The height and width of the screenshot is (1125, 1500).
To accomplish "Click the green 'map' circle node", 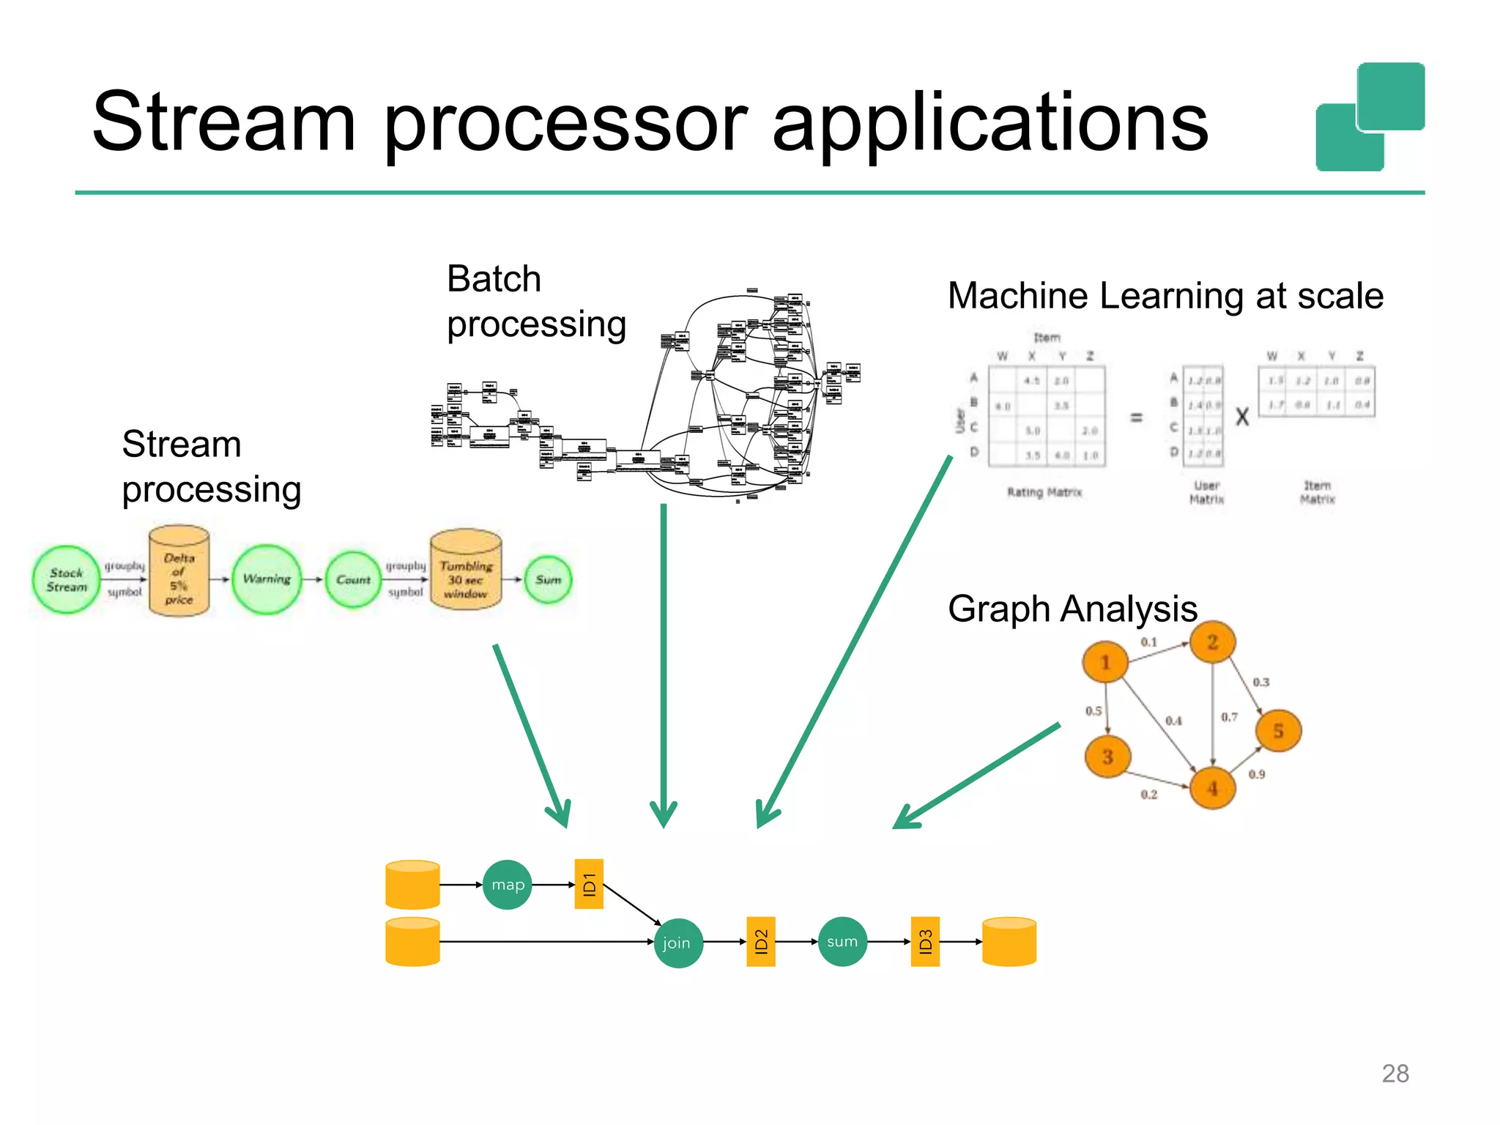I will click(x=508, y=885).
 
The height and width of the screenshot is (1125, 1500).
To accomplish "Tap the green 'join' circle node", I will click(x=677, y=943).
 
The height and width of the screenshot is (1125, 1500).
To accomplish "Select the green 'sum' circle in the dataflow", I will click(x=842, y=942).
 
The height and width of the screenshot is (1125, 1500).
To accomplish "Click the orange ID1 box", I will click(x=589, y=884).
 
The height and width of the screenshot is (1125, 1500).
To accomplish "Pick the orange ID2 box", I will click(x=761, y=942).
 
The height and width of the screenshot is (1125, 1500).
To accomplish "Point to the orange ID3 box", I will click(x=925, y=942).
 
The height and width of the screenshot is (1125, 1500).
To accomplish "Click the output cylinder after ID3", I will click(x=1009, y=942).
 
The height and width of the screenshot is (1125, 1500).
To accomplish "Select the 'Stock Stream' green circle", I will click(x=67, y=579).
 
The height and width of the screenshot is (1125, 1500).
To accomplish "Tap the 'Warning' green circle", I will click(x=267, y=579).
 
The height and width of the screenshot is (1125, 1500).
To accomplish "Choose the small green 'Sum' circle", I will click(x=548, y=579).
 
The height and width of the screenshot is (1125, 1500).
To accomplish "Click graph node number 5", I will click(x=1278, y=730).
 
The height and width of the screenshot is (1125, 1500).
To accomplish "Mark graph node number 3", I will click(x=1107, y=757).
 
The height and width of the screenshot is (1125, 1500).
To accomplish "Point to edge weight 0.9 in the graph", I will click(x=1257, y=774).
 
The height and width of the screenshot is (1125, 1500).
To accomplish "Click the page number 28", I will click(x=1395, y=1073).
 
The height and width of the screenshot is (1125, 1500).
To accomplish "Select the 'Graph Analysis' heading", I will click(x=1072, y=609).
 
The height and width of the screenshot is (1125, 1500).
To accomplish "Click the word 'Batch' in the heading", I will click(x=494, y=279).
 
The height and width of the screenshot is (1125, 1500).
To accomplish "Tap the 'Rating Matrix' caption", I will click(x=1044, y=492).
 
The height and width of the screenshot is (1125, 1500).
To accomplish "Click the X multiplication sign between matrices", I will click(x=1242, y=417).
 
